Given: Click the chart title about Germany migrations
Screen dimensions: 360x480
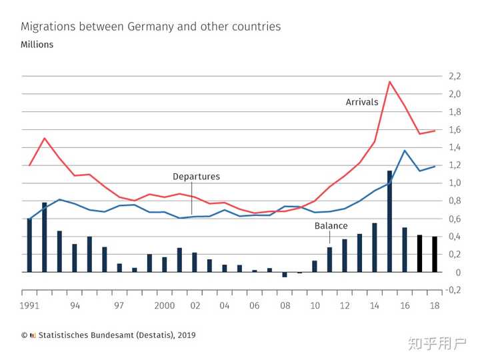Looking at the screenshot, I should [151, 27].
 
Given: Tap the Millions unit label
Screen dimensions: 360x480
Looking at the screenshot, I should [37, 45].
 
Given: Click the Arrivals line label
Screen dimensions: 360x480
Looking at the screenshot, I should [362, 102].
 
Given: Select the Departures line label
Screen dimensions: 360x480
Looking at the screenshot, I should [196, 177].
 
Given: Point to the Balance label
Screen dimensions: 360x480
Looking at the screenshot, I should [331, 226].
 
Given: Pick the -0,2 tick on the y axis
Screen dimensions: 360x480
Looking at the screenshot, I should [454, 290].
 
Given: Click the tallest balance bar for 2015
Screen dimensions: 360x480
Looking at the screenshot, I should [389, 221].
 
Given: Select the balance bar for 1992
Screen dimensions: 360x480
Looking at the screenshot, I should [45, 237].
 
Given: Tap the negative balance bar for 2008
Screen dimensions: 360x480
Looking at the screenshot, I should [285, 275].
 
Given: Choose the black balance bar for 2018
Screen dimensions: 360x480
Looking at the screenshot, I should [435, 254].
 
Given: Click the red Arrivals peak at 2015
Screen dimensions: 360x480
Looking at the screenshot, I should [389, 81].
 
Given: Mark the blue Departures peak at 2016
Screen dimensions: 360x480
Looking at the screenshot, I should [405, 150].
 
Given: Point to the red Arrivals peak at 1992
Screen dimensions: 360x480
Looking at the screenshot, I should [45, 138].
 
